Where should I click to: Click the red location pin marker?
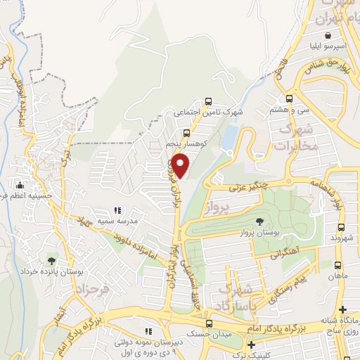[x=181, y=165]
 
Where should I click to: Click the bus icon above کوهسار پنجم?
[x=186, y=132]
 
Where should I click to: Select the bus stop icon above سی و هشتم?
[x=289, y=99]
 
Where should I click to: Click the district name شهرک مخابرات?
[x=294, y=139]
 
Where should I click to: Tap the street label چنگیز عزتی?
[x=249, y=187]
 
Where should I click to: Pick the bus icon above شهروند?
[x=341, y=228]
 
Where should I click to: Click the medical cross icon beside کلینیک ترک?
[x=251, y=345]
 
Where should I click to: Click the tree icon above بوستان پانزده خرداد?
[x=50, y=261]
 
